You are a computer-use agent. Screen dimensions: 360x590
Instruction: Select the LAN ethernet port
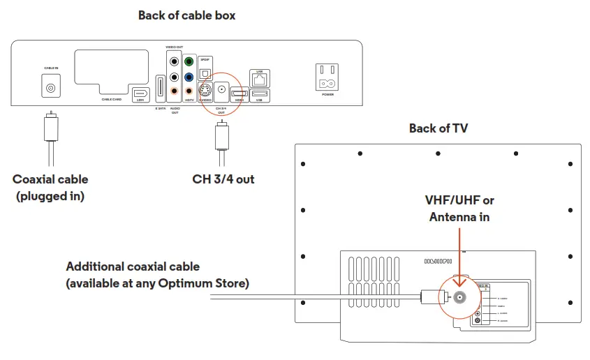point(259,79)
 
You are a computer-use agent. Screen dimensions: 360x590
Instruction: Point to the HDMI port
point(239,93)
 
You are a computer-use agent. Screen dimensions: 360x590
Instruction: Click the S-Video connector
point(205,91)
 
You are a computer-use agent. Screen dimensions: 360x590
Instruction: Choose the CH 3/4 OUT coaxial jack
point(221,90)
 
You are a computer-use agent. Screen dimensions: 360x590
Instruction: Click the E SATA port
point(160,88)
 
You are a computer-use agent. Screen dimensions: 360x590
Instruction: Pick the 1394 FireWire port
point(139,93)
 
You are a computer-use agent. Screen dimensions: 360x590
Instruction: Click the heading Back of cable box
point(186,15)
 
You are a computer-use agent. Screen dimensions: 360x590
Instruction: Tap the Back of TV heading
point(438,128)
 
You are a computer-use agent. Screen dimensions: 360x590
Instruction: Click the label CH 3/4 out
point(223,179)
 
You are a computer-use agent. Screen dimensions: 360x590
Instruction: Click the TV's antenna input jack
point(459,297)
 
